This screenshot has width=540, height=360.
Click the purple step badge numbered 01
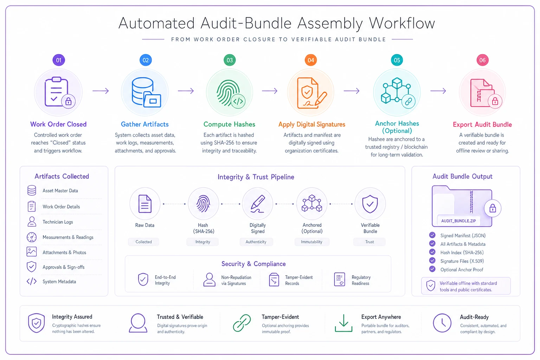[59, 60]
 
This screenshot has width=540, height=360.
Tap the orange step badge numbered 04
[311, 60]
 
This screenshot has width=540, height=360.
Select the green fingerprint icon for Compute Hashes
[228, 93]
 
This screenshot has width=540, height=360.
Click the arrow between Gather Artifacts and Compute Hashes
[186, 91]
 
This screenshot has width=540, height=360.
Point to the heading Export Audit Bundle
[482, 124]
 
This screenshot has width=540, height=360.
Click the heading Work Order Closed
[58, 124]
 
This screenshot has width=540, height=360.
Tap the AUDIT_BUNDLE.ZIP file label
[458, 221]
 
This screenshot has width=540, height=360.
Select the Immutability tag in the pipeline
[311, 242]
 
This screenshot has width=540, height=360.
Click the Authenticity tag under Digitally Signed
[256, 242]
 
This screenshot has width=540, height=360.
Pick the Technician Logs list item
[58, 222]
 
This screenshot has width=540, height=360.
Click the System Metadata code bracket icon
[32, 281]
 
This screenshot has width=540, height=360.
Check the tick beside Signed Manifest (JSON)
[432, 235]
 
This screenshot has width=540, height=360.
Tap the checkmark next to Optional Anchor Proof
[432, 269]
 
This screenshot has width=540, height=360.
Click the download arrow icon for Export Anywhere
[343, 323]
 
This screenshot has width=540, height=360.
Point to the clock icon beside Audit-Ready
[442, 323]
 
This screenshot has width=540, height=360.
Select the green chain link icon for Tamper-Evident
[242, 323]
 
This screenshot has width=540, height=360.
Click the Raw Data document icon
[145, 204]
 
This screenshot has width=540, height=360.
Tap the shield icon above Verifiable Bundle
[370, 204]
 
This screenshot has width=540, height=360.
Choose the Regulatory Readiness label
[361, 280]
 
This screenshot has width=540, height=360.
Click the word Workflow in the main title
[402, 24]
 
